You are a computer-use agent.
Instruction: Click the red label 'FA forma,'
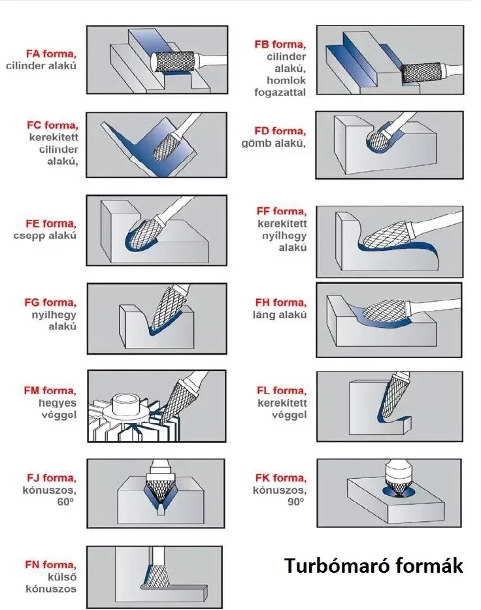pos(51,54)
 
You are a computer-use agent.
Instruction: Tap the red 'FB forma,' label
pos(280,44)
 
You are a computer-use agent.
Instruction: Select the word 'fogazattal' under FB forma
pos(280,93)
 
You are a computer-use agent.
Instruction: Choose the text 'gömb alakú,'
pos(273,144)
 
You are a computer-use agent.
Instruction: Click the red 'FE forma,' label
pos(51,224)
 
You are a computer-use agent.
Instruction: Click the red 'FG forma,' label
pos(50,302)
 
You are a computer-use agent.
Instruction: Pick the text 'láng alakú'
pos(280,315)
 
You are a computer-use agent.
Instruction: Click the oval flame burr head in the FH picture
pos(384,312)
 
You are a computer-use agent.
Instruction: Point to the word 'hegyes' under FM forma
pos(58,403)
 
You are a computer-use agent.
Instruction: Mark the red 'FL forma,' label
pos(282,391)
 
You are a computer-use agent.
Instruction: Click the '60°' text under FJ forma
pos(65,502)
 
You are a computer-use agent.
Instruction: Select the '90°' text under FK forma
pos(296,502)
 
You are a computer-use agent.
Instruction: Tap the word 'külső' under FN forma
pos(62,577)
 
